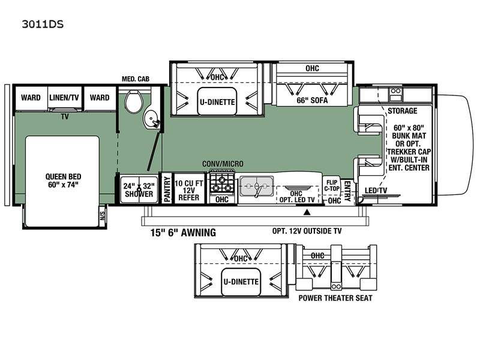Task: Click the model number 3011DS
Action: (x=43, y=24)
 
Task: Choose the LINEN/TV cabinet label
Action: (x=64, y=98)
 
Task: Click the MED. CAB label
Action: (x=136, y=79)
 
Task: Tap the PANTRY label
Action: (x=167, y=189)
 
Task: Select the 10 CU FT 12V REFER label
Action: (x=189, y=190)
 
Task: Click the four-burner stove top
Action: (x=222, y=183)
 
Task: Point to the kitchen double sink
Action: (x=257, y=186)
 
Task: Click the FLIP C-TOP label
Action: (x=332, y=185)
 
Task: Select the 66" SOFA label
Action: (x=312, y=100)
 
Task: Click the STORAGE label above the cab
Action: (x=402, y=111)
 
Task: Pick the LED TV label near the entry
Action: (x=376, y=190)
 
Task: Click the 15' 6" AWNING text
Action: (x=183, y=233)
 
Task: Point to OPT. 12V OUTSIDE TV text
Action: (x=307, y=231)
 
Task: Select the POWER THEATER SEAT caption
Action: (x=335, y=298)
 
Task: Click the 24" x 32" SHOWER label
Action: (x=139, y=190)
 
